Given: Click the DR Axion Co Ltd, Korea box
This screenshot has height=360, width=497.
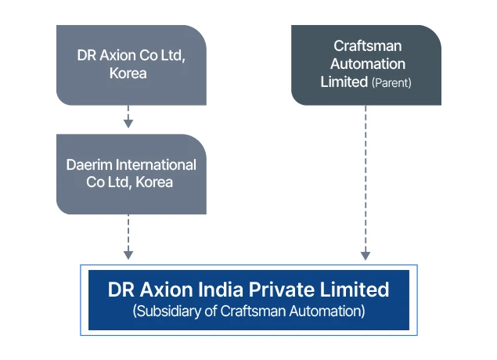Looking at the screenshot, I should (x=131, y=65).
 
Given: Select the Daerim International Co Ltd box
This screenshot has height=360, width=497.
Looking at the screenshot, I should (x=131, y=174).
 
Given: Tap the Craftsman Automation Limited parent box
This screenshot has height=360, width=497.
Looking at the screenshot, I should (x=366, y=65).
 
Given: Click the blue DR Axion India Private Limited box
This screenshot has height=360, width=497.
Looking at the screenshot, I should (x=248, y=300).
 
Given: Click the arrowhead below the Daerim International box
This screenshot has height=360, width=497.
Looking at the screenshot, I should (x=128, y=254).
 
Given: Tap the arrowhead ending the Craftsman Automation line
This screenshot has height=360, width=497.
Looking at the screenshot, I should (x=366, y=255).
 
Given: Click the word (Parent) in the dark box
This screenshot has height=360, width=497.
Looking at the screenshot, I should (x=391, y=82).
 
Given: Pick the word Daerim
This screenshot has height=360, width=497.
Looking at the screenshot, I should (x=86, y=165).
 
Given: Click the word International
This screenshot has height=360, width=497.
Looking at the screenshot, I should (x=153, y=165).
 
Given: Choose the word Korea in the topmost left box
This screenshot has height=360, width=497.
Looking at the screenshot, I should (x=129, y=74).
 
